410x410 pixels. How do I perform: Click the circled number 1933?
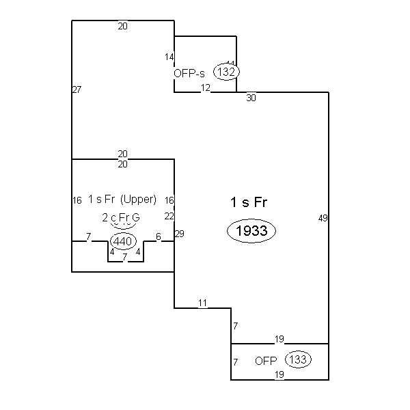click(251, 232)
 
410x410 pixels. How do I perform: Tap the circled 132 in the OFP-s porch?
click(227, 71)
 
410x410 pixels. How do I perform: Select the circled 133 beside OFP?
click(299, 359)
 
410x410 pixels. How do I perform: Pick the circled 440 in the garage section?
click(123, 241)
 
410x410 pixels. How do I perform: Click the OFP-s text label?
click(189, 72)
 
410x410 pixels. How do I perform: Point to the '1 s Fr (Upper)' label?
click(122, 200)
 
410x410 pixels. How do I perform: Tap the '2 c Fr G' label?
click(120, 217)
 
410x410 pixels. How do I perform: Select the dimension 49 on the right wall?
click(323, 218)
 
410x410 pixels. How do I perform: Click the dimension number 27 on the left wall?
click(77, 90)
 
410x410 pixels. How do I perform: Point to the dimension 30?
click(251, 98)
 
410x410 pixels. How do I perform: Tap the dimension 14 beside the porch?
click(169, 57)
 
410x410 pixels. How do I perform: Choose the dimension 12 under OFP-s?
click(205, 88)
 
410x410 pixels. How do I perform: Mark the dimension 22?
click(169, 216)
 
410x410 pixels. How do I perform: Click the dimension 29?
click(180, 234)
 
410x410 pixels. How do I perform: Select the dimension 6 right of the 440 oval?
click(159, 236)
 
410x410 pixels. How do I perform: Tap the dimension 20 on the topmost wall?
click(122, 26)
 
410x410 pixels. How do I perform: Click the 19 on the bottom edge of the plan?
click(279, 374)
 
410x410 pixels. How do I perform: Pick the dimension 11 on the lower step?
click(202, 303)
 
